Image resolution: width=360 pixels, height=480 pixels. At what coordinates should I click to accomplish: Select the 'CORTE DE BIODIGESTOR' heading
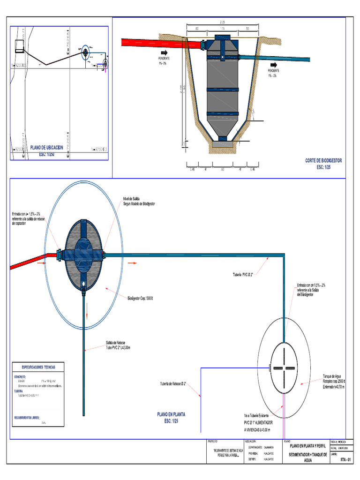(323, 160)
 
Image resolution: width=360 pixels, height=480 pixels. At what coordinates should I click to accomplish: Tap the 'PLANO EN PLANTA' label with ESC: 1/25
(171, 414)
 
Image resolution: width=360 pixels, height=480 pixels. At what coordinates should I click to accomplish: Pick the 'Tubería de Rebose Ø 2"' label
(172, 384)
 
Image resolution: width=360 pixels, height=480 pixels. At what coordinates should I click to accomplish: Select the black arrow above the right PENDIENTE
(274, 64)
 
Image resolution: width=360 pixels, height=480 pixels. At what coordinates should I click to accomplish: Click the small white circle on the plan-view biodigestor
(83, 284)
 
